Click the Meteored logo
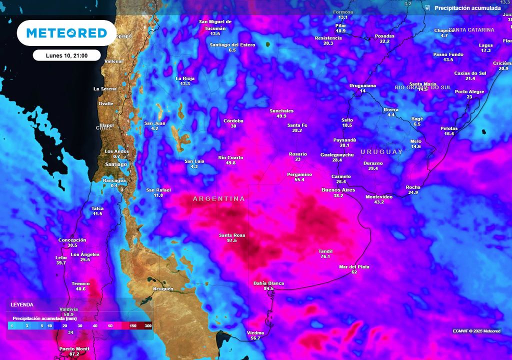66,33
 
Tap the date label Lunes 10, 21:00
66,55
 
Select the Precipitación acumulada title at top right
467,8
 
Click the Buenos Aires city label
338,190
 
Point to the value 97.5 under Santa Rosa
231,240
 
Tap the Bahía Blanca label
268,283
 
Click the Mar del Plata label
354,267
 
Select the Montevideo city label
379,196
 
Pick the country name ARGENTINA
219,199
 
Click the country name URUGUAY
381,151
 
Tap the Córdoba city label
233,121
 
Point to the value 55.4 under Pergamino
299,179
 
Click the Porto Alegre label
469,91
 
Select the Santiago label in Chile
116,164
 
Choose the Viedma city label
255,332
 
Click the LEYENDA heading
22,304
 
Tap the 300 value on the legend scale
148,326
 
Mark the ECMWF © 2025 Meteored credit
476,331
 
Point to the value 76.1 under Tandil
325,256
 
